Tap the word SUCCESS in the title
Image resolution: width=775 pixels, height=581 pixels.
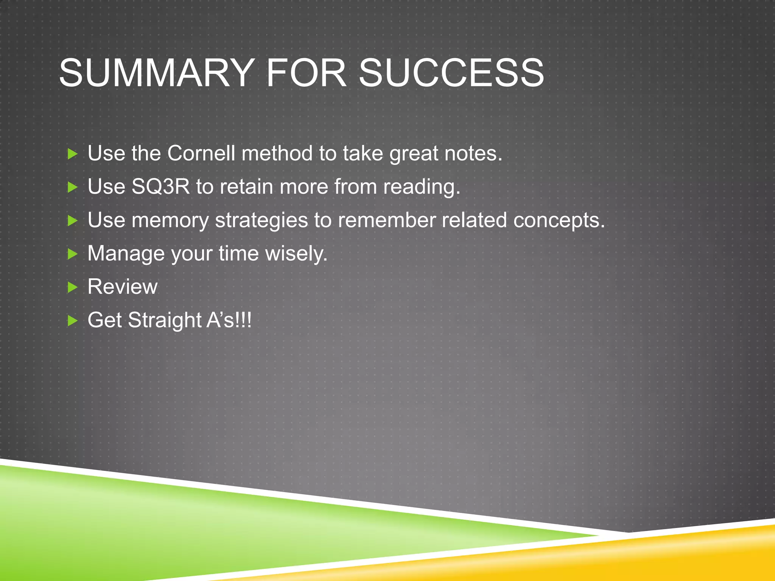point(451,73)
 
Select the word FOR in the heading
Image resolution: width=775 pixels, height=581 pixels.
point(306,73)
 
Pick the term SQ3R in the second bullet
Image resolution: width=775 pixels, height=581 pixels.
point(160,186)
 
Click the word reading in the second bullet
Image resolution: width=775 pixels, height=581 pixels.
point(422,187)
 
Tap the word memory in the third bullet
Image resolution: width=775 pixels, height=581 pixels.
point(170,221)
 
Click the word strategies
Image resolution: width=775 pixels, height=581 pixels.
point(261,221)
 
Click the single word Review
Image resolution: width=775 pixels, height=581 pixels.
point(122,286)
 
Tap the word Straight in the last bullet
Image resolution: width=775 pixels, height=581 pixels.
point(165,320)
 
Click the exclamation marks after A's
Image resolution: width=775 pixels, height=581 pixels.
point(243,320)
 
